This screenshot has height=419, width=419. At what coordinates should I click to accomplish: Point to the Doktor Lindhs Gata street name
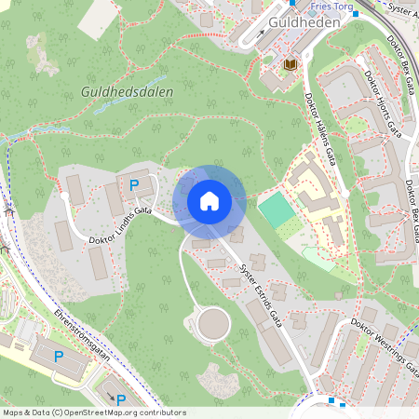pos(120,226)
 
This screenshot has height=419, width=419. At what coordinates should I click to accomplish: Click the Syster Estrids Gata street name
pos(261,291)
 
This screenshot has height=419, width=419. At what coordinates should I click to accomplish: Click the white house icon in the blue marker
pos(209,200)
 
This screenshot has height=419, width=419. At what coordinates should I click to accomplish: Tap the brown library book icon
pos(290,63)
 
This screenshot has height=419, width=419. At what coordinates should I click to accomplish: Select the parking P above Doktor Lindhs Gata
pos(134,185)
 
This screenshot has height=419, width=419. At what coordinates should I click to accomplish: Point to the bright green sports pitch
pos(276,209)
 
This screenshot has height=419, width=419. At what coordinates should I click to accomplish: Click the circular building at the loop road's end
pos(213,324)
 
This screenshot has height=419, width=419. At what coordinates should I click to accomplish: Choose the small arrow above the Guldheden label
pos(262,32)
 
